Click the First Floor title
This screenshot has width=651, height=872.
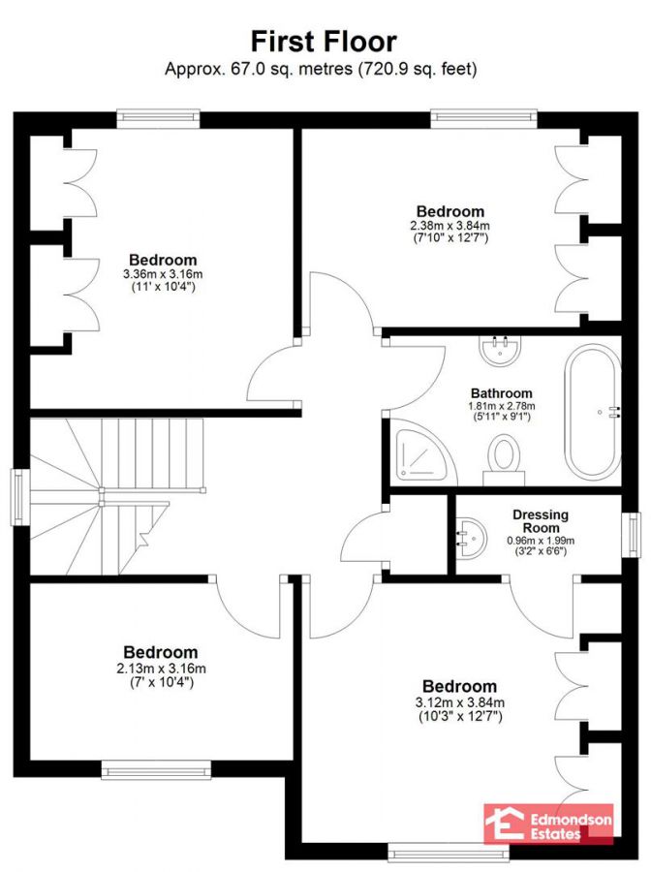click(324, 41)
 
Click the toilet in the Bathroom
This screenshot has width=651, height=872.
click(504, 457)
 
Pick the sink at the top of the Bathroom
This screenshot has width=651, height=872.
click(500, 348)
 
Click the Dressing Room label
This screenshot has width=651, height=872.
click(542, 520)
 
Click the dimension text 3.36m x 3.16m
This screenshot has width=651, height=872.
click(163, 275)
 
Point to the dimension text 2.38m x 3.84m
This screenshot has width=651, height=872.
click(450, 226)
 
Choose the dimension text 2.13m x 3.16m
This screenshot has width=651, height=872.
click(161, 668)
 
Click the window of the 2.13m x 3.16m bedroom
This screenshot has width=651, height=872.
click(157, 771)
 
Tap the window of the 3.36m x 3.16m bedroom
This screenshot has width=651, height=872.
click(160, 119)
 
